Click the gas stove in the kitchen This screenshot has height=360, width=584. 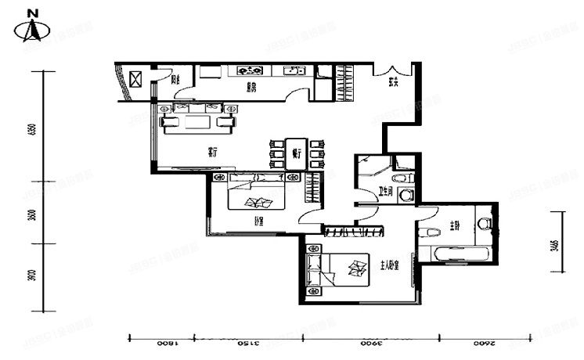250,70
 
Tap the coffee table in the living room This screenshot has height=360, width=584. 196,122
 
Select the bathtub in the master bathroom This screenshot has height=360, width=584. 454,254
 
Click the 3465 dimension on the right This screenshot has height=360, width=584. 554,245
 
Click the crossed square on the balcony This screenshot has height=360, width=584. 135,80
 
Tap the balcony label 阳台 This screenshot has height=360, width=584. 176,80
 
